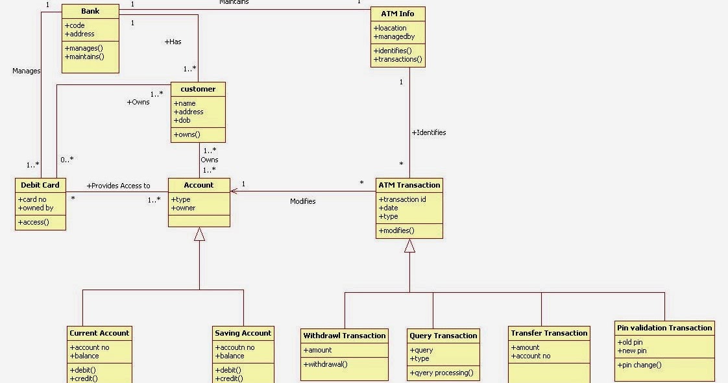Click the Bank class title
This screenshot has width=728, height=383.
coord(90,11)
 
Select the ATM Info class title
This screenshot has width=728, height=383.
coord(398,14)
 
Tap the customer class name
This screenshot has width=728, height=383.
coord(198,89)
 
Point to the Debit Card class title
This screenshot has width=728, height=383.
coord(40,185)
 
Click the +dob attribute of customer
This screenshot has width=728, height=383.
coord(185,120)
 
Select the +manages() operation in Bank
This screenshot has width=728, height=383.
coord(84,48)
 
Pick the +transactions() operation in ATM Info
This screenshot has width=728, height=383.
coord(398,59)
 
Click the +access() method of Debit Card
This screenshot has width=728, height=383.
coord(33,222)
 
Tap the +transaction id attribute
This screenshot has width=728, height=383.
coord(402,199)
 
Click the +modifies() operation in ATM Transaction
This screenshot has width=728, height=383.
coord(396,230)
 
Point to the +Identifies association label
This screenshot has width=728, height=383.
coord(429,132)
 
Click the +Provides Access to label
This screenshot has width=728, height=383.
coord(118,186)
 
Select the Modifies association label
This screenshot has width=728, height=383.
coord(302,201)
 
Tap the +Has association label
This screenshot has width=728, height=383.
coord(173,42)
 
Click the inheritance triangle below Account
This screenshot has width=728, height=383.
coord(199,234)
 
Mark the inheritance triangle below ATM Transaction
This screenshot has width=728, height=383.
coord(409,246)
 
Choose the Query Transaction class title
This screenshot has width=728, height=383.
coord(443,336)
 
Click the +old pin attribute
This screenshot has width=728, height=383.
coord(630,342)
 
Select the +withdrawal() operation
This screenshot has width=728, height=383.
coord(326,364)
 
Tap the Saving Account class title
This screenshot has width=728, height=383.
coord(243,333)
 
